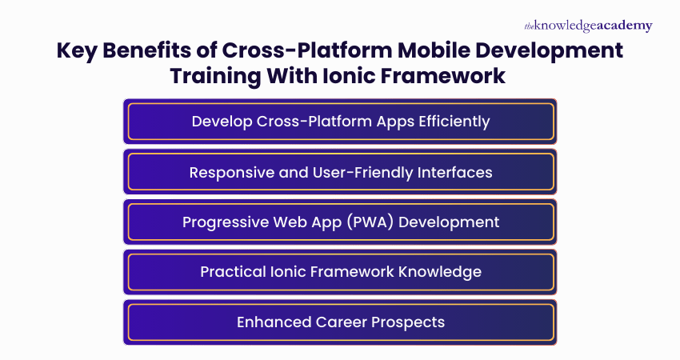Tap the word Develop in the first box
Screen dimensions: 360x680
221,122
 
